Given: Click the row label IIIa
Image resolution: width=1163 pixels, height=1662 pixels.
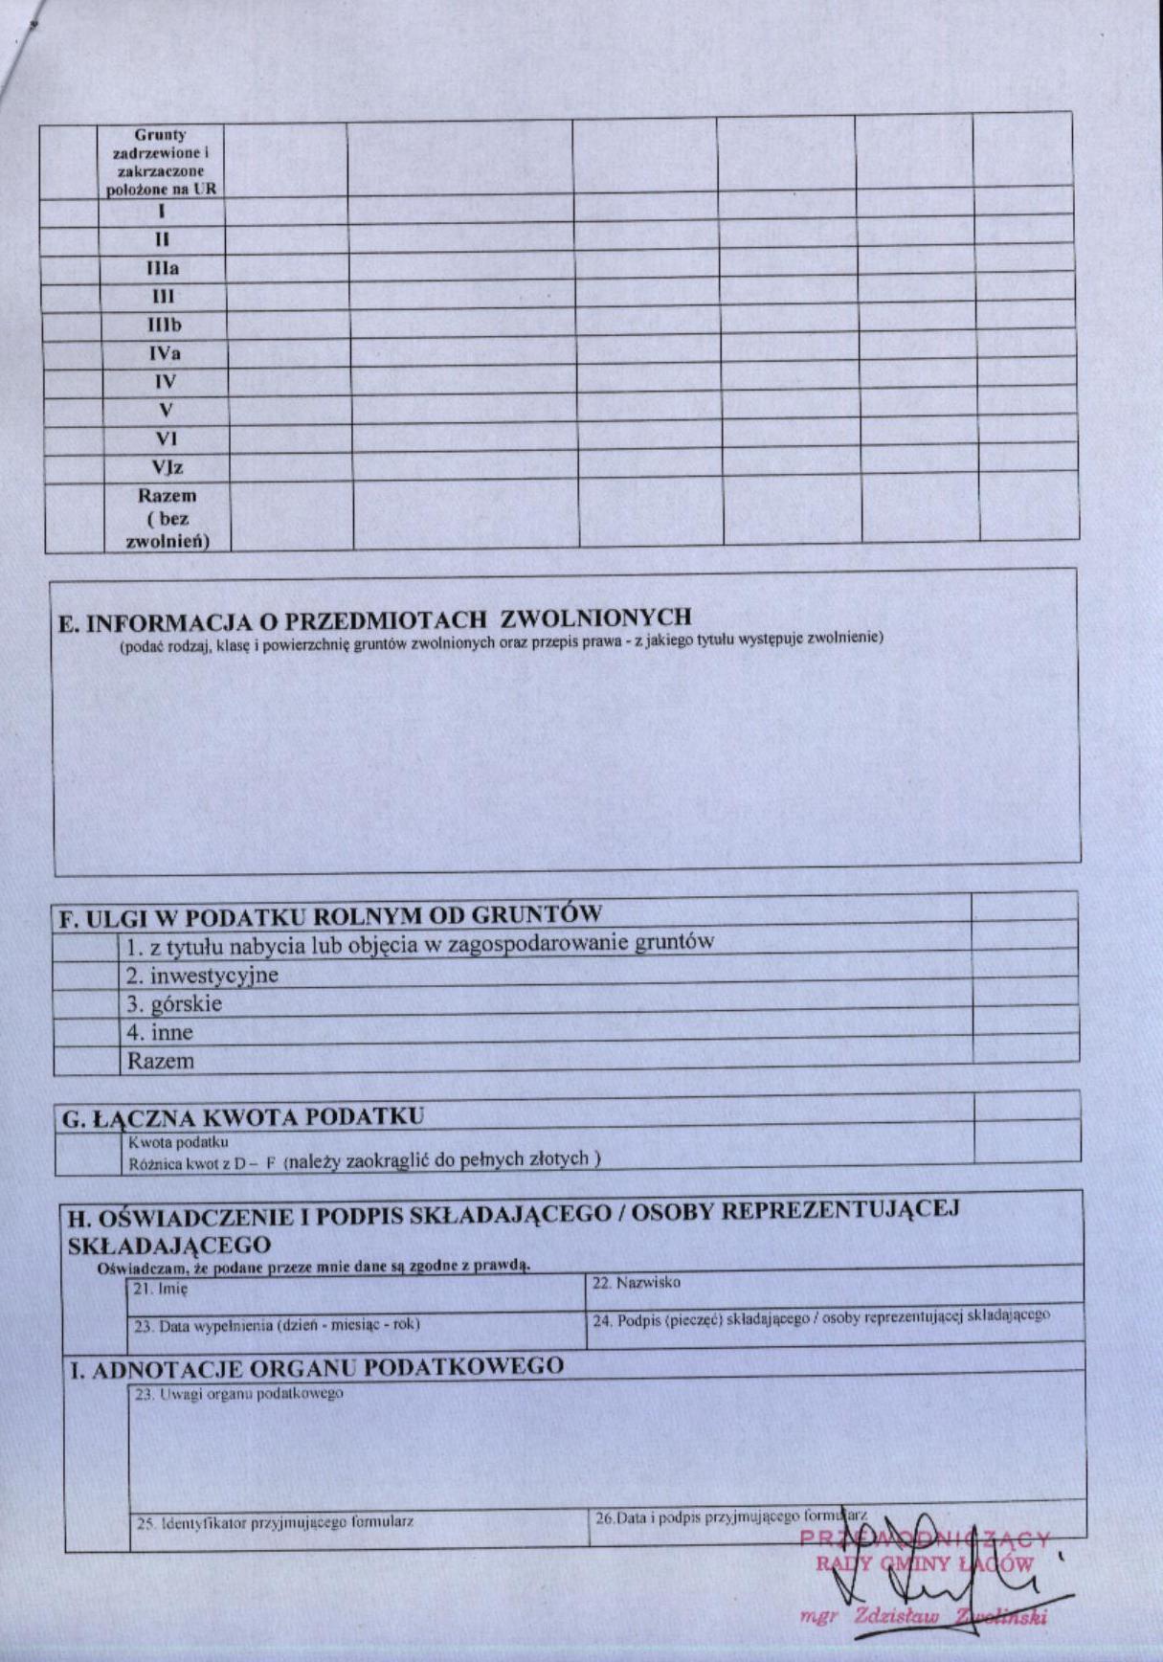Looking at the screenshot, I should (163, 268).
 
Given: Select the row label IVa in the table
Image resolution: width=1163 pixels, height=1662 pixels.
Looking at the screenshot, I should (164, 353).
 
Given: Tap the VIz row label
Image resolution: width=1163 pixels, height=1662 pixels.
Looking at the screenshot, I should (167, 467).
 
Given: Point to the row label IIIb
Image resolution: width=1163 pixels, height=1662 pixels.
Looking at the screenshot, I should (164, 325).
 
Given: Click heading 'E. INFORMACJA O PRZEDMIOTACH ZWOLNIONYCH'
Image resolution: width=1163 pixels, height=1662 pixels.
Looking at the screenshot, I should (375, 619).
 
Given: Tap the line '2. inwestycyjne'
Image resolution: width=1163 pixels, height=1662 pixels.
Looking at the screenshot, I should (202, 976).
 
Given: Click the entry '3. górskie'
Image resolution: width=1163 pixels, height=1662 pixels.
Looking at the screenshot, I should (174, 1004).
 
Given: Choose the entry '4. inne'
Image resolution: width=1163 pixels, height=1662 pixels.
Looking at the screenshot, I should (160, 1033).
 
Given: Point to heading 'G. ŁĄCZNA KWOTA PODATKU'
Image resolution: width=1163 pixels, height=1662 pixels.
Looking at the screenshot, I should (242, 1117).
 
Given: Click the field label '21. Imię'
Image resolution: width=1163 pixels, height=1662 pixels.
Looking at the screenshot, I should (161, 1289).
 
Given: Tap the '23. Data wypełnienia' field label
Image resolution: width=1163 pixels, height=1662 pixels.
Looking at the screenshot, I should (277, 1325).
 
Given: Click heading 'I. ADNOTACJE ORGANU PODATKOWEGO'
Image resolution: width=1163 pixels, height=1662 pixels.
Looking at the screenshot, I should (318, 1366).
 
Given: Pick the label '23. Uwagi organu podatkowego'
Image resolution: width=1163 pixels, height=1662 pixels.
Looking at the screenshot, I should (238, 1394).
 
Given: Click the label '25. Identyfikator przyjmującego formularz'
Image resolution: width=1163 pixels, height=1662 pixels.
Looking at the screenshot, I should (275, 1522).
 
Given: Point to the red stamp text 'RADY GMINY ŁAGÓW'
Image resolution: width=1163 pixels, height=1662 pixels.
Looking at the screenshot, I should (924, 1564).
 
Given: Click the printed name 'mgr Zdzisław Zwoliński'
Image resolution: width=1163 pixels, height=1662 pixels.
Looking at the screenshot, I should (923, 1616).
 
